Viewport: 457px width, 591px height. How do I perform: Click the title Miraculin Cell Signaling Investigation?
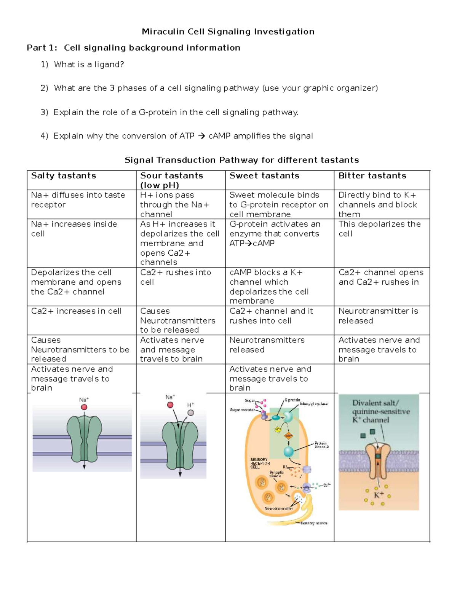228,32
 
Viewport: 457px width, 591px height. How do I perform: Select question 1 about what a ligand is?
89,65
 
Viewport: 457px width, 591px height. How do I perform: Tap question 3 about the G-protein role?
176,112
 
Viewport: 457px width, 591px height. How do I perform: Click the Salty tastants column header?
63,176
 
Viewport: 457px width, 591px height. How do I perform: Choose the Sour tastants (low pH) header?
171,180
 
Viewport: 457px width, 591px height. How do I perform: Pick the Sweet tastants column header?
264,176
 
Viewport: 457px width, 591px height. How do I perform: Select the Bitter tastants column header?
372,176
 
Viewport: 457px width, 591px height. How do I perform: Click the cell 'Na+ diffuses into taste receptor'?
78,200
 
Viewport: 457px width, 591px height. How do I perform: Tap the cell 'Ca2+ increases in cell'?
76,311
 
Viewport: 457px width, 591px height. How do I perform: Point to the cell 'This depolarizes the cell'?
379,229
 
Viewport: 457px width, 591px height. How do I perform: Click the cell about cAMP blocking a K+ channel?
269,287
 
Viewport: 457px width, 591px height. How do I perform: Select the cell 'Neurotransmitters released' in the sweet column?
267,345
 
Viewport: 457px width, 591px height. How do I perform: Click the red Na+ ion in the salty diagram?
84,407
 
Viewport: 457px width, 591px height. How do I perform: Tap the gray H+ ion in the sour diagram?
191,413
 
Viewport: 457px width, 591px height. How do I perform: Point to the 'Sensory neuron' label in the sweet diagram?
313,523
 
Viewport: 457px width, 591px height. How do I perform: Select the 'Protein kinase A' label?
321,445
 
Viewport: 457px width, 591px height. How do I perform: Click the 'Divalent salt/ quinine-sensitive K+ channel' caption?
380,411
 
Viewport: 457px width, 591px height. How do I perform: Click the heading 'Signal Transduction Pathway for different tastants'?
241,160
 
